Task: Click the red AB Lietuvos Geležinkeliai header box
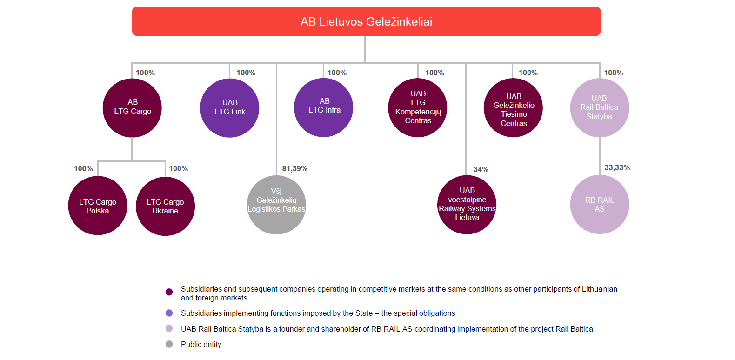coord(366,21)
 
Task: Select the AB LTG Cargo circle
coord(132,108)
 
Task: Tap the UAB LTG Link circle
coord(229,108)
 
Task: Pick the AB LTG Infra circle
coord(324,107)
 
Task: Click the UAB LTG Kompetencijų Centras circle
coord(418,107)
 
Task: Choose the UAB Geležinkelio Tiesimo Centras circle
coord(513,108)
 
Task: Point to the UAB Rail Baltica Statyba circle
coord(600,107)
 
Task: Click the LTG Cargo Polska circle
coord(98,206)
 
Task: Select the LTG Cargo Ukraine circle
coord(165,206)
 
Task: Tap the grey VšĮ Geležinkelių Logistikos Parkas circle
coord(276,205)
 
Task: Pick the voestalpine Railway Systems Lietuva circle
coord(467,205)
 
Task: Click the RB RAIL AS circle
coord(600,204)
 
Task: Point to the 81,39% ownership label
coord(294,168)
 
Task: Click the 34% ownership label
coord(481,169)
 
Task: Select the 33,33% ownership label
coord(617,167)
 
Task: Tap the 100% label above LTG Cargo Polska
coord(83,168)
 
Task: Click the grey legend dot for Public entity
coord(169,344)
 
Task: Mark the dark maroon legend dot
coord(169,292)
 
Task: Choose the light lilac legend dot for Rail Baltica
coord(169,328)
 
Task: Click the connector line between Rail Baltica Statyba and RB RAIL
coord(600,156)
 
